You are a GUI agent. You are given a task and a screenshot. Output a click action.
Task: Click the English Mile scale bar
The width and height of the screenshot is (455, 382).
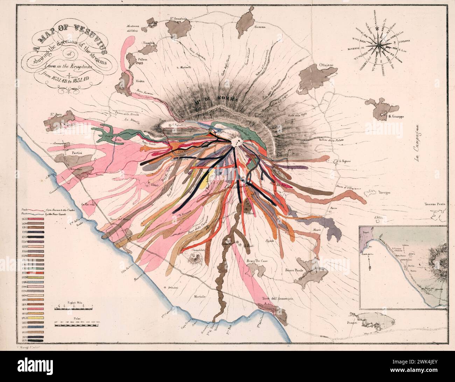(73, 308)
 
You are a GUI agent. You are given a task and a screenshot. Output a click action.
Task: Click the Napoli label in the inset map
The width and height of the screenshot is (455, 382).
(367, 232)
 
